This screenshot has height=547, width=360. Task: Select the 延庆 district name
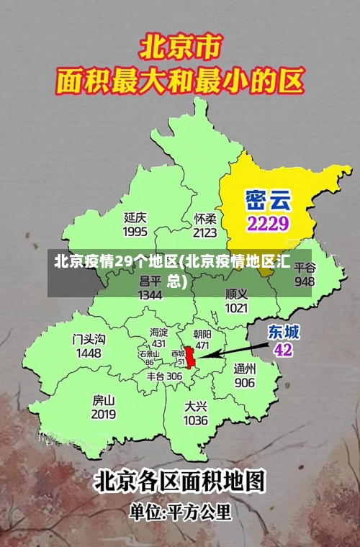click(x=135, y=217)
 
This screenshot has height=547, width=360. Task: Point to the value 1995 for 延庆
click(x=135, y=231)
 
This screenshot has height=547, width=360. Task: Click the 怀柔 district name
click(x=205, y=218)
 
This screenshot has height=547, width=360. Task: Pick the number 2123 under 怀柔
click(x=205, y=232)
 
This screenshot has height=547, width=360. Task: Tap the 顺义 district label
click(x=236, y=294)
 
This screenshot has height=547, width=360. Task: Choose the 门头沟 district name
click(x=89, y=339)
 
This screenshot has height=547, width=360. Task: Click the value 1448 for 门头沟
click(x=89, y=353)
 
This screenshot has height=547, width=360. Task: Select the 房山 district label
click(x=104, y=399)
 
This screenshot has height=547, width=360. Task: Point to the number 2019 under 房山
click(x=104, y=415)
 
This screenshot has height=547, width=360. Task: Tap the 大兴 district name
click(x=196, y=405)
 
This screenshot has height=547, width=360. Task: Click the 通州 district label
click(x=245, y=368)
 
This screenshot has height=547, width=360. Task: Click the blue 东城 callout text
click(x=284, y=332)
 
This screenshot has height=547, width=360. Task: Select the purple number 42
click(x=284, y=350)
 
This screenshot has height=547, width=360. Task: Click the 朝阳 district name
click(x=202, y=334)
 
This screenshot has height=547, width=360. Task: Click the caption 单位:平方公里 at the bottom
click(x=180, y=512)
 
